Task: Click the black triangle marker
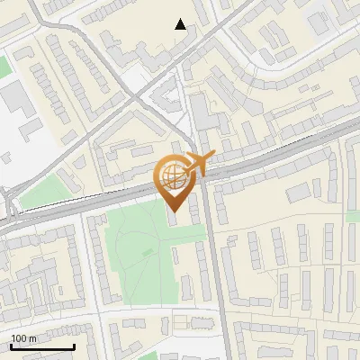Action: (181, 24)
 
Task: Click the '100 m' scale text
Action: (23, 338)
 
